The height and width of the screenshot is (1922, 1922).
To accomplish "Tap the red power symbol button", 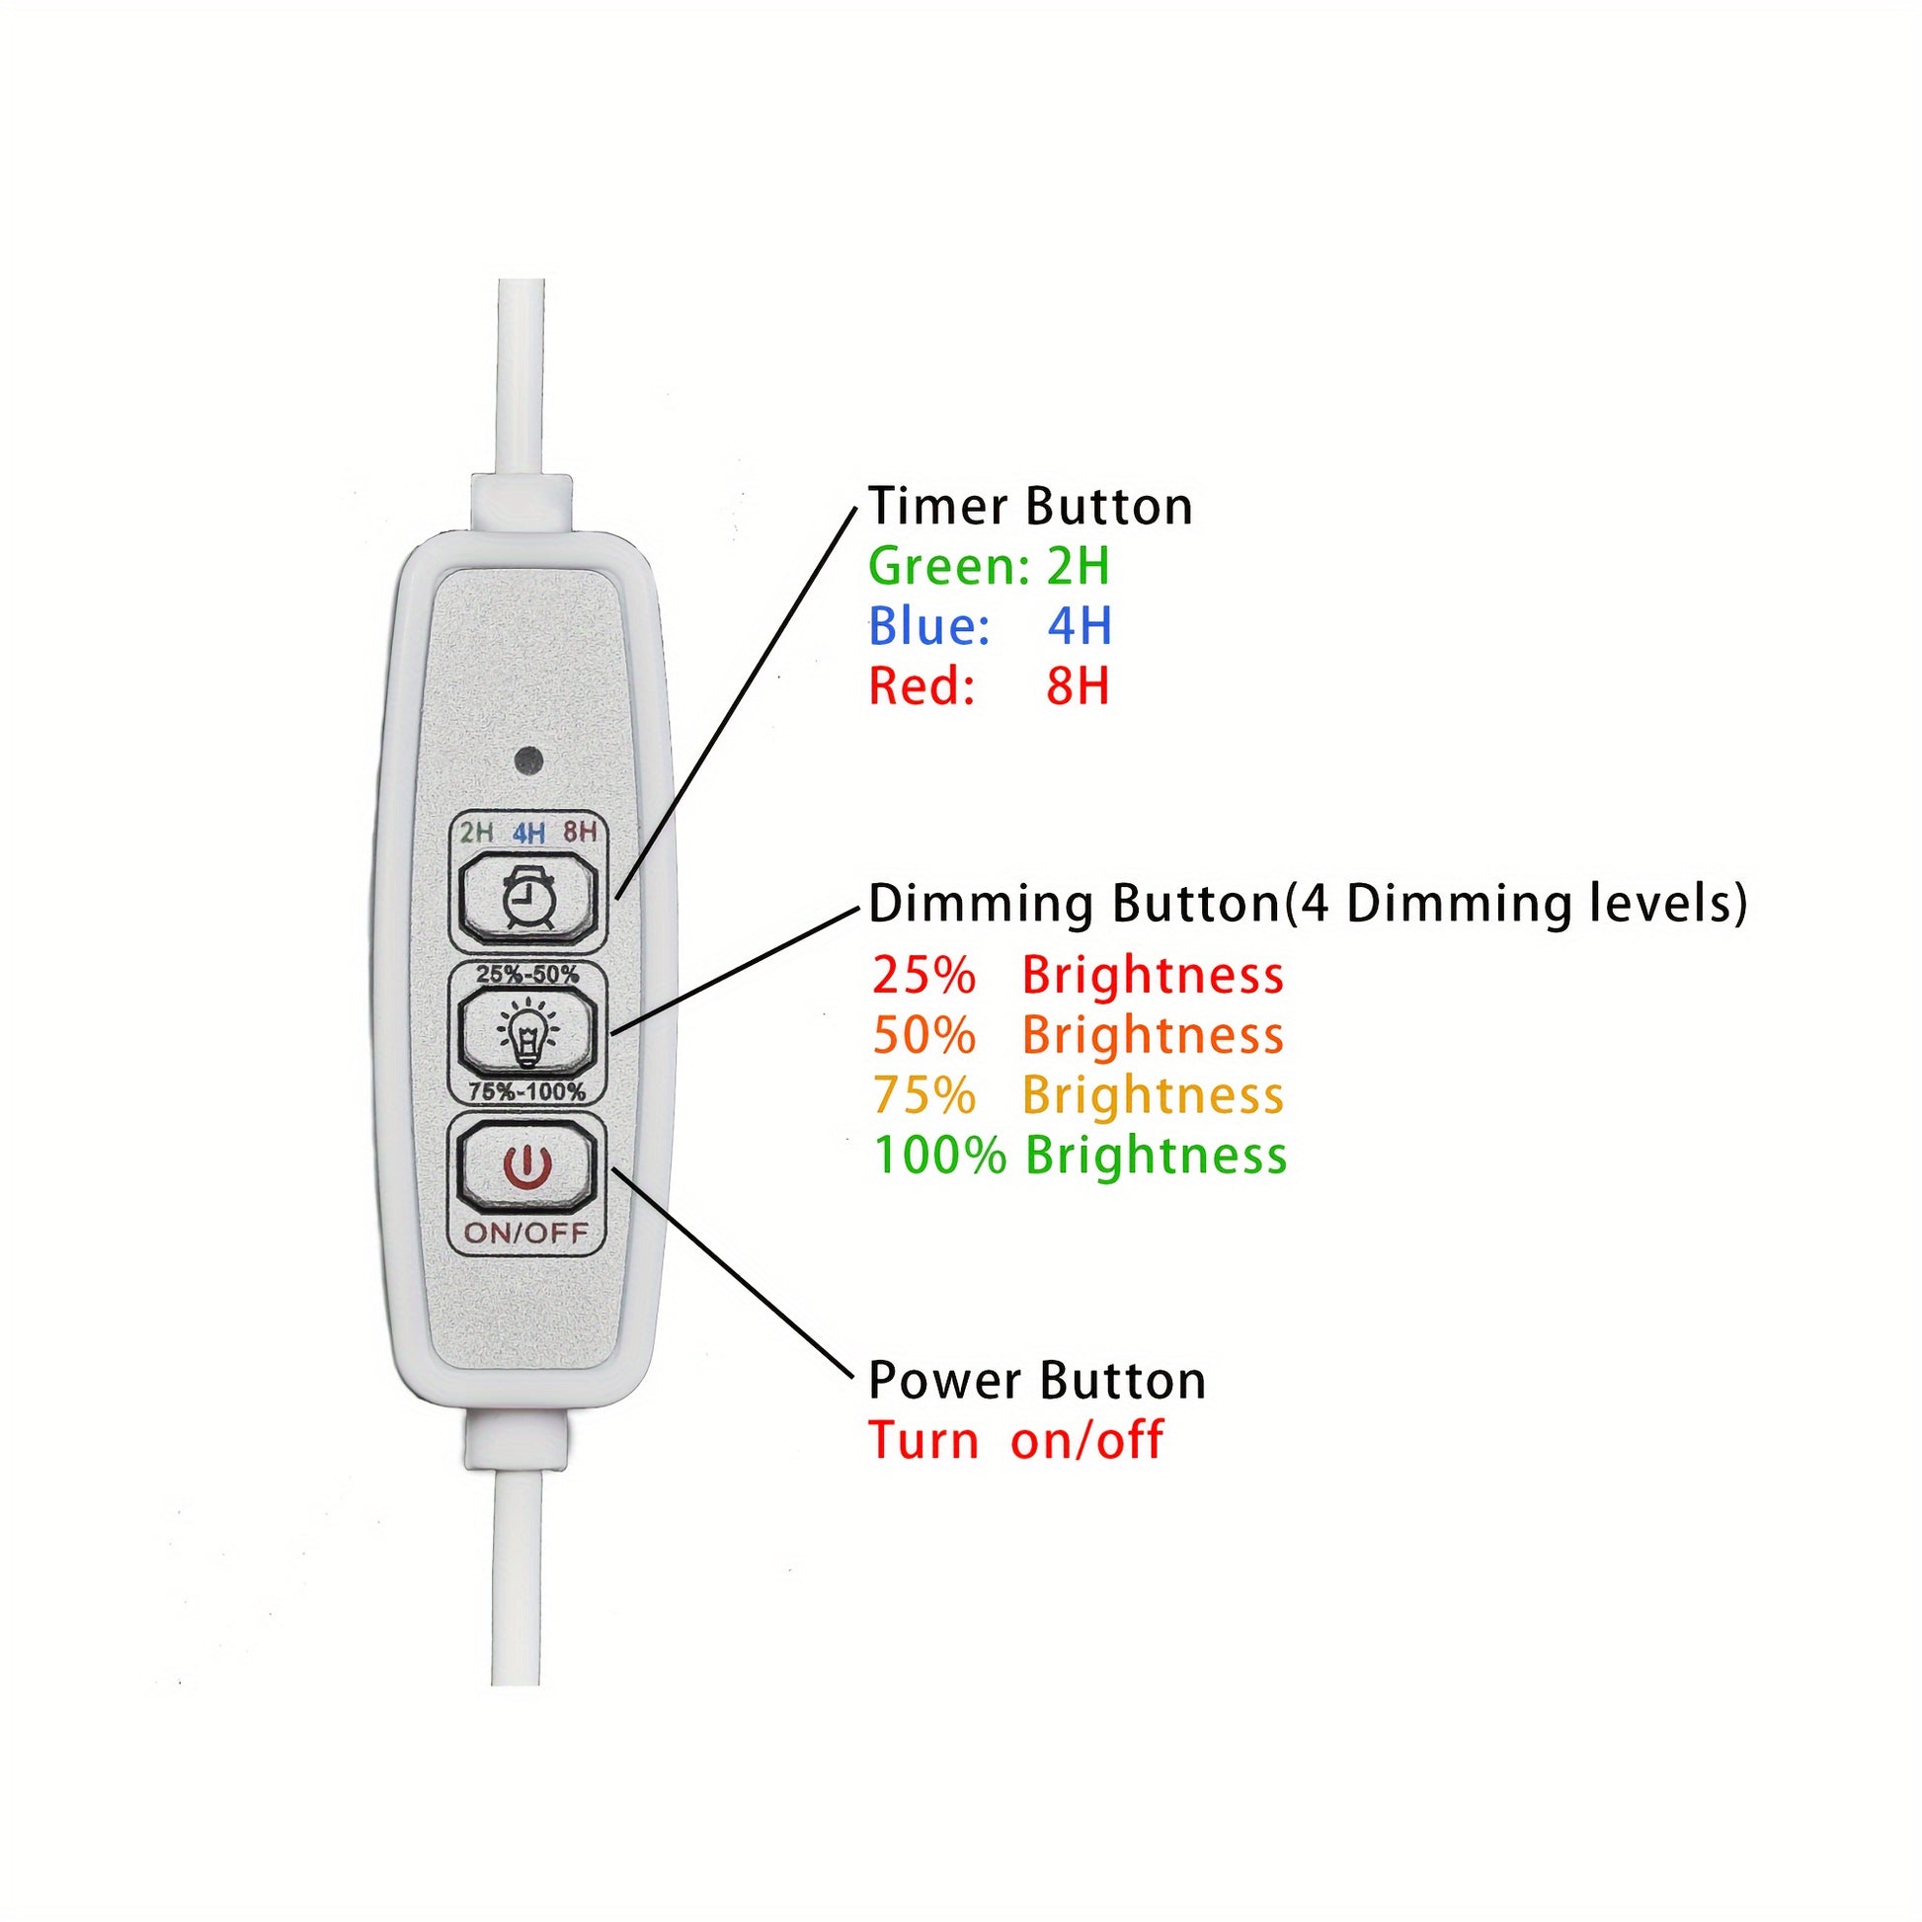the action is [x=526, y=1165].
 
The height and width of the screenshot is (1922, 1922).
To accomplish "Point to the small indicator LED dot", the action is [x=528, y=763].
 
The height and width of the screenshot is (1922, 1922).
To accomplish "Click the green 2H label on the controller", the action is [x=475, y=833].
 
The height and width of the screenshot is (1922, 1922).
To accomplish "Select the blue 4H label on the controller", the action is [x=528, y=833].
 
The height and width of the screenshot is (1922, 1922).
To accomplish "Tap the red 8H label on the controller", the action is [x=580, y=832].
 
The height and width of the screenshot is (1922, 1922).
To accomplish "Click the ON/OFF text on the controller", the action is [x=526, y=1235].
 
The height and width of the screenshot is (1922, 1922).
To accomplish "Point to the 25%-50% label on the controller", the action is [x=527, y=975].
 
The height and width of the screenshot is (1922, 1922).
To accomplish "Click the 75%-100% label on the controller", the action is [x=527, y=1091].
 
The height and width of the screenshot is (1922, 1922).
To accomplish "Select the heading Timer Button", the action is [x=1031, y=507].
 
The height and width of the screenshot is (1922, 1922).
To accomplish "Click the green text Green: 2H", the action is [x=989, y=566].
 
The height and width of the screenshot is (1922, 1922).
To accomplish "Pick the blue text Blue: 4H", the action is [x=990, y=626].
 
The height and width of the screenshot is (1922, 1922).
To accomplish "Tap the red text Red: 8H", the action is [x=989, y=685].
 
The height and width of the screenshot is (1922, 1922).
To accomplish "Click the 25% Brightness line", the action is [x=1079, y=975].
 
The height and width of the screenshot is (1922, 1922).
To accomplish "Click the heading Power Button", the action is [x=1038, y=1381].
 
